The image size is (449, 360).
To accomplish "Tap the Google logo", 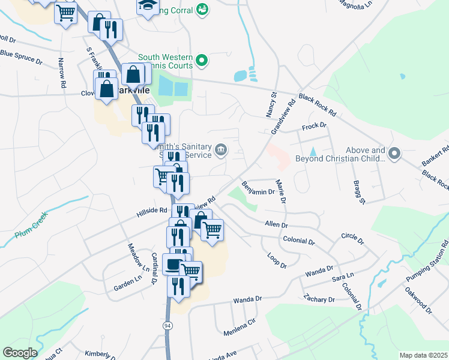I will (x=20, y=353).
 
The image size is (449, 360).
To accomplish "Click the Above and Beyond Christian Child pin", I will (x=394, y=154).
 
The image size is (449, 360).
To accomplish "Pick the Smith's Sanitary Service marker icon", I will (x=221, y=150).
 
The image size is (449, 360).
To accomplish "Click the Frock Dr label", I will (x=313, y=126).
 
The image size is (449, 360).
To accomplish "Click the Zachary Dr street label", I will (x=319, y=298).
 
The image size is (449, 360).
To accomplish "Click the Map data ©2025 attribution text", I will (x=423, y=355).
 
